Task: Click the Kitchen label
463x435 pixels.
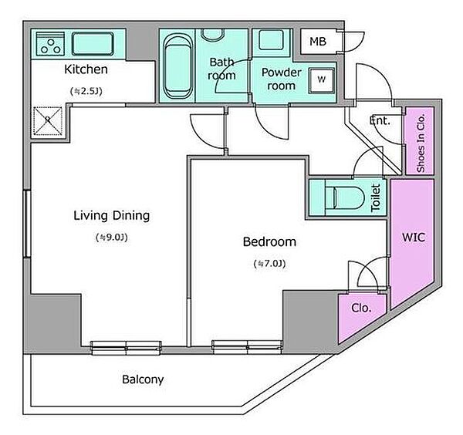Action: click(x=86, y=69)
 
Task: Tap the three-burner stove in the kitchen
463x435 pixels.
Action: click(x=50, y=44)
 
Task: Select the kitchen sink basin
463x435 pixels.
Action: click(x=93, y=44)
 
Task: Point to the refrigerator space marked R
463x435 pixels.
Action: click(x=48, y=121)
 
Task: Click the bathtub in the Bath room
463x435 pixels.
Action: click(x=178, y=67)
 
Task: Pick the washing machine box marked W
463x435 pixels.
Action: click(x=322, y=80)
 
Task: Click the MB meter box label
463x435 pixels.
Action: click(x=318, y=42)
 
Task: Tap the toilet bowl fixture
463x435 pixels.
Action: click(x=344, y=197)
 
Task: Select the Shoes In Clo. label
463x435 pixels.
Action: click(x=421, y=143)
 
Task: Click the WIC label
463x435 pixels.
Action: click(x=414, y=237)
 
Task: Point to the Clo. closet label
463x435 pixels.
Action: click(x=361, y=308)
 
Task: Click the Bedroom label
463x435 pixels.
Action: click(x=269, y=241)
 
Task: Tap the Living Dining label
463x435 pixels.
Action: click(x=112, y=216)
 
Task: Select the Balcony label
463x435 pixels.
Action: click(x=143, y=379)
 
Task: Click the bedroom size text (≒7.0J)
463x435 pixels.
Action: click(x=269, y=264)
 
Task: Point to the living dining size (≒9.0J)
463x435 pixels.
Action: click(x=112, y=238)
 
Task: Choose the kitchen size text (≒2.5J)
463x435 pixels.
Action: click(x=86, y=91)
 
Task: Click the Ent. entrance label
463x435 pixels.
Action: click(x=380, y=120)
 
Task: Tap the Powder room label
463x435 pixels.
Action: click(x=282, y=79)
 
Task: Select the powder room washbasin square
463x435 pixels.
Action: click(x=271, y=40)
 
